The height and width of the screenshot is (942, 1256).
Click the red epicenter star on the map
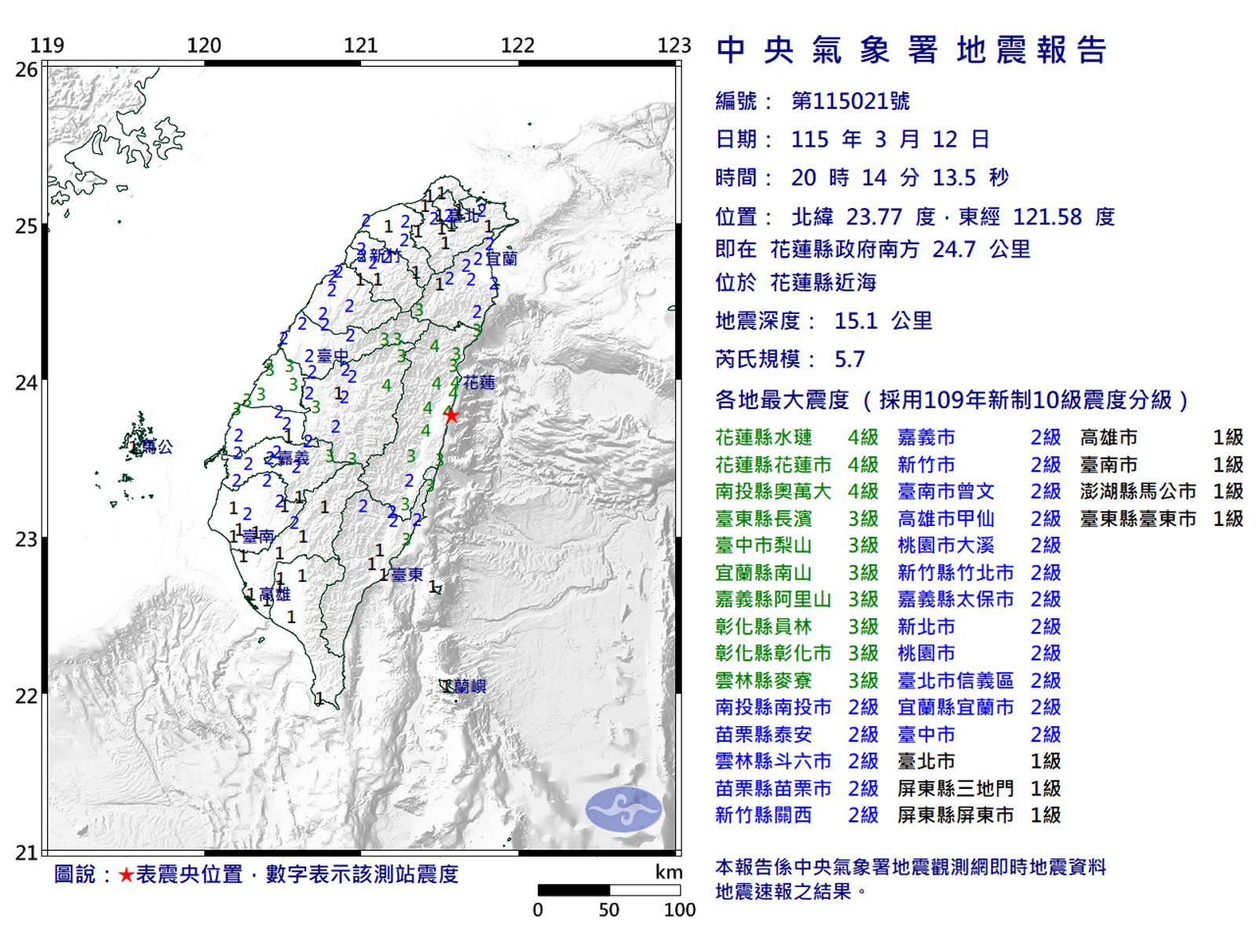coord(451,415)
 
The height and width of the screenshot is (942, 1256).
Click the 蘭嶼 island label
coord(469,687)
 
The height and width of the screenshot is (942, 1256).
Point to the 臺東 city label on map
coord(407,575)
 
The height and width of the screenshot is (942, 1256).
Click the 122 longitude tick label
coord(517,46)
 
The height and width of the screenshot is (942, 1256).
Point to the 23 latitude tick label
coord(27,539)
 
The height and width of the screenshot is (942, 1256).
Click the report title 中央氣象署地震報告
coord(911,50)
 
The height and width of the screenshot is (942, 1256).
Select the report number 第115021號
coord(850,101)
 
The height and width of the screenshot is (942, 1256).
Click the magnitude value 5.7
coord(849,360)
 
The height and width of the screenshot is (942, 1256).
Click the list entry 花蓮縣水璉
coord(763,437)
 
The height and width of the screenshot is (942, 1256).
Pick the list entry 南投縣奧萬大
coord(772,491)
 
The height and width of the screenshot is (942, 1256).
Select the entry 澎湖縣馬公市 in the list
coord(1137,491)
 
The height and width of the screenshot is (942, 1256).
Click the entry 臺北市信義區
coord(955,681)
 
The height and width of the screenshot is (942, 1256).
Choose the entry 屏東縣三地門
coord(955,788)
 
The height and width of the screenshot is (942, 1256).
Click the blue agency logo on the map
coord(624,809)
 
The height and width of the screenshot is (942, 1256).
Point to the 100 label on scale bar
coord(679,910)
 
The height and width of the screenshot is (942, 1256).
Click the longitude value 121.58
coord(1047,217)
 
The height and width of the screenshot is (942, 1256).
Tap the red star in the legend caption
coord(126,874)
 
